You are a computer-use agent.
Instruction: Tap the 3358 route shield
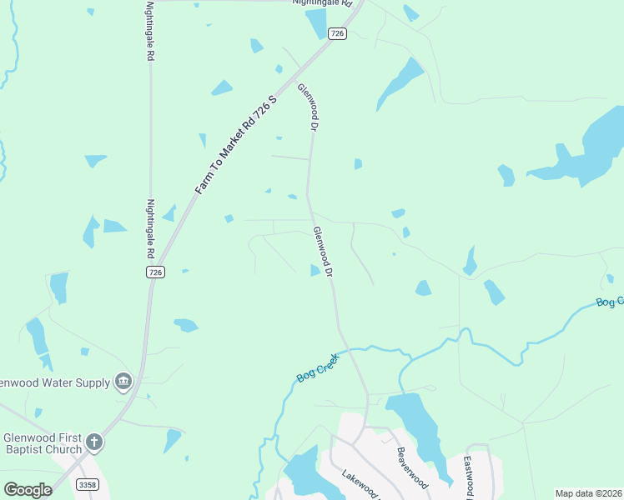click(87, 484)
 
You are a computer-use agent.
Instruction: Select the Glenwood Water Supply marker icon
click(123, 382)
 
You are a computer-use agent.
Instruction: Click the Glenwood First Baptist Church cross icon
click(94, 442)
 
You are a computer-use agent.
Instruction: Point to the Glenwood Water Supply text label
click(55, 382)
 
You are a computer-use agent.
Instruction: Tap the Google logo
click(28, 490)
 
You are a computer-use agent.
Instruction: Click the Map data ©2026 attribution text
click(588, 493)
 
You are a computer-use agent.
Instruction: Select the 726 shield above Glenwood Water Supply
click(154, 272)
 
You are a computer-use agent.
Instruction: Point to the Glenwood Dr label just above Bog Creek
click(322, 252)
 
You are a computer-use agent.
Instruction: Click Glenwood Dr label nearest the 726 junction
click(308, 107)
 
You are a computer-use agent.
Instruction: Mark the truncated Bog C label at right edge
click(610, 302)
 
